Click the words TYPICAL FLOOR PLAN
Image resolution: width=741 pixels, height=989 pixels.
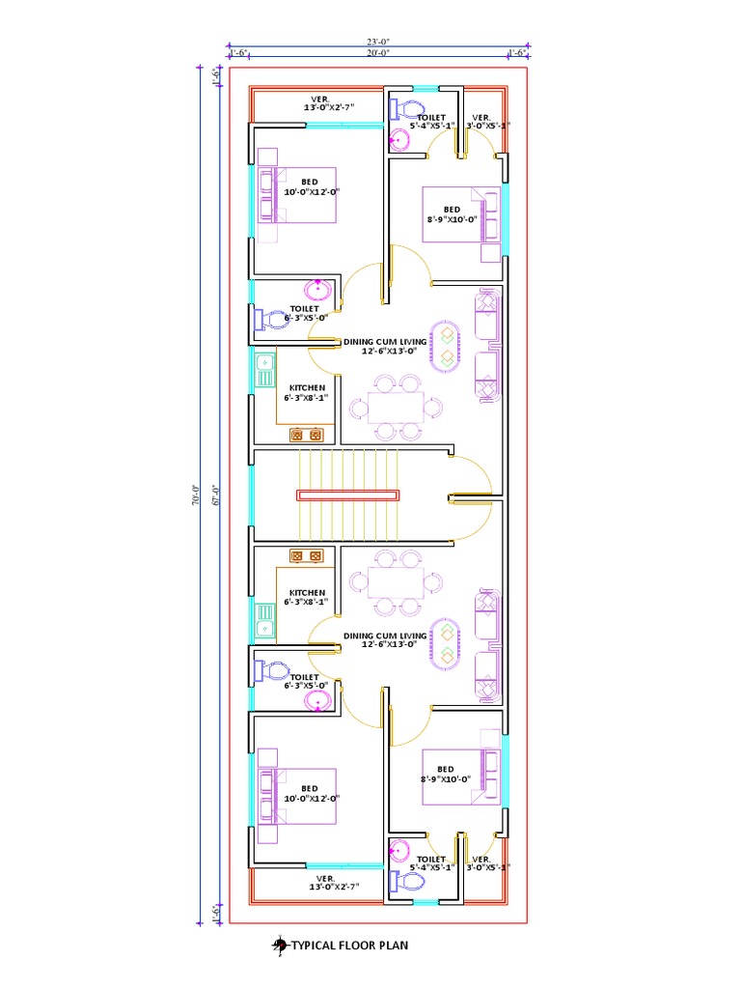pyautogui.click(x=349, y=946)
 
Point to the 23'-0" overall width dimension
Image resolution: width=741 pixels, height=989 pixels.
pyautogui.click(x=377, y=42)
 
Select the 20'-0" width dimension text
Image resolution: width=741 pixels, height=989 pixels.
pyautogui.click(x=377, y=53)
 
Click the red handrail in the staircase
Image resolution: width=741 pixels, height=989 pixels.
pyautogui.click(x=347, y=495)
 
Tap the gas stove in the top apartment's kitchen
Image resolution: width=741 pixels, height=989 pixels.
pyautogui.click(x=306, y=435)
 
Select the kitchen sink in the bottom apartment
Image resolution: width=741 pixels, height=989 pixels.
pyautogui.click(x=264, y=617)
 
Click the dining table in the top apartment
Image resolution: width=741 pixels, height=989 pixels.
pyautogui.click(x=396, y=407)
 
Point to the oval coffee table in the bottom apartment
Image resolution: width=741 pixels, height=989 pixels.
pyautogui.click(x=447, y=643)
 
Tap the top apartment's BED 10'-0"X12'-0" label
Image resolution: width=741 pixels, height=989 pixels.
pyautogui.click(x=310, y=186)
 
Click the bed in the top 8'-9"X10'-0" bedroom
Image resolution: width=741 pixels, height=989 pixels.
pyautogui.click(x=462, y=213)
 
